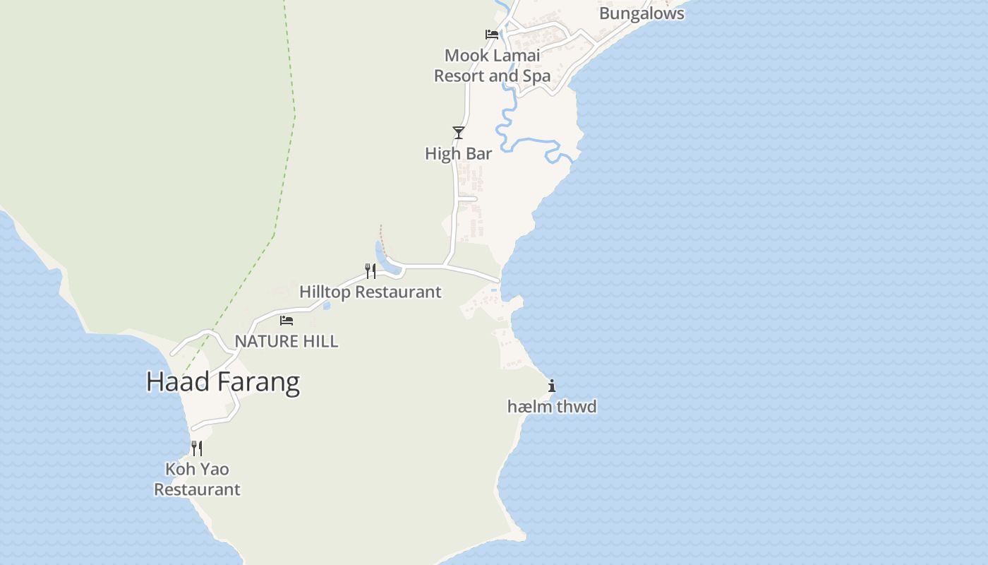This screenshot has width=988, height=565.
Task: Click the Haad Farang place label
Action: coord(222,381)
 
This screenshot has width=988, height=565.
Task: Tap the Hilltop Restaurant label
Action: coord(370,292)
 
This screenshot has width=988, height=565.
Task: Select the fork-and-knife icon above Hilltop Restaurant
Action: coord(370,271)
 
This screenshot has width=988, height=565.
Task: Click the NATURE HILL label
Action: coord(286,341)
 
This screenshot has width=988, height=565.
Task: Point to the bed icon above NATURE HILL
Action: coord(287,320)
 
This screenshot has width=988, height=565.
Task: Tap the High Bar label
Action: coord(458,153)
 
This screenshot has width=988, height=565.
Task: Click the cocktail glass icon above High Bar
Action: coord(459,132)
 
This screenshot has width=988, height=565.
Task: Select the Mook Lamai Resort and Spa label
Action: coord(492,65)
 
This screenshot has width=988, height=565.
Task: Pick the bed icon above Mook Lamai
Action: coord(492,34)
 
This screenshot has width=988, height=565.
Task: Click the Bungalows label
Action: coord(641,13)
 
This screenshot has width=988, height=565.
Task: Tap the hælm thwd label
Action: coord(552,406)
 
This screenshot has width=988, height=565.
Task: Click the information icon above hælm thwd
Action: coord(552,386)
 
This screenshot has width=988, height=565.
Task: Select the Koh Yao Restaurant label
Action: coord(197,479)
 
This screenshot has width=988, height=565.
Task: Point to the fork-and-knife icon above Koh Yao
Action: coord(197,448)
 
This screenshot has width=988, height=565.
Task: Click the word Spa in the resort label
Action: coord(536,76)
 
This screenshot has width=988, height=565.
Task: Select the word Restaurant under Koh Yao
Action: coord(197,489)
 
